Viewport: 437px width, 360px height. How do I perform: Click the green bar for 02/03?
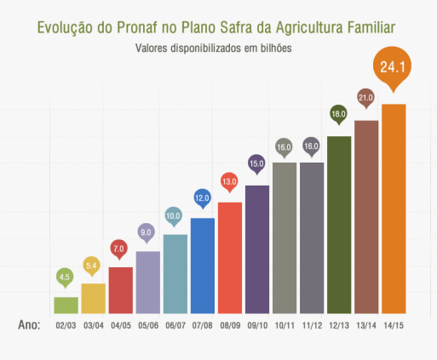(66, 305)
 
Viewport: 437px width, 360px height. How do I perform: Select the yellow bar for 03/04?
(93, 298)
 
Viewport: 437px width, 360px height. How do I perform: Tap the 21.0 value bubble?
(366, 97)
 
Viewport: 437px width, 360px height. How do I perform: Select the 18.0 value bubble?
(339, 113)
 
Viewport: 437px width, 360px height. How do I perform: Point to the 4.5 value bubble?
(66, 276)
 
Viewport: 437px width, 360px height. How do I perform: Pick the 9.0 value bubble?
(147, 231)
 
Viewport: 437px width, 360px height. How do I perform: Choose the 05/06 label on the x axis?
(147, 325)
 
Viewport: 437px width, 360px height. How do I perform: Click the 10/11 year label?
(285, 325)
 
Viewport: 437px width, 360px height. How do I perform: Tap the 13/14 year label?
(366, 325)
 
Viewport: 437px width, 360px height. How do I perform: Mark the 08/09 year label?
(230, 325)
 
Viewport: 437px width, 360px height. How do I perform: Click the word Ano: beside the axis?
(30, 324)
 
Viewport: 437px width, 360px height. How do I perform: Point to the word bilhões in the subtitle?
(274, 49)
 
